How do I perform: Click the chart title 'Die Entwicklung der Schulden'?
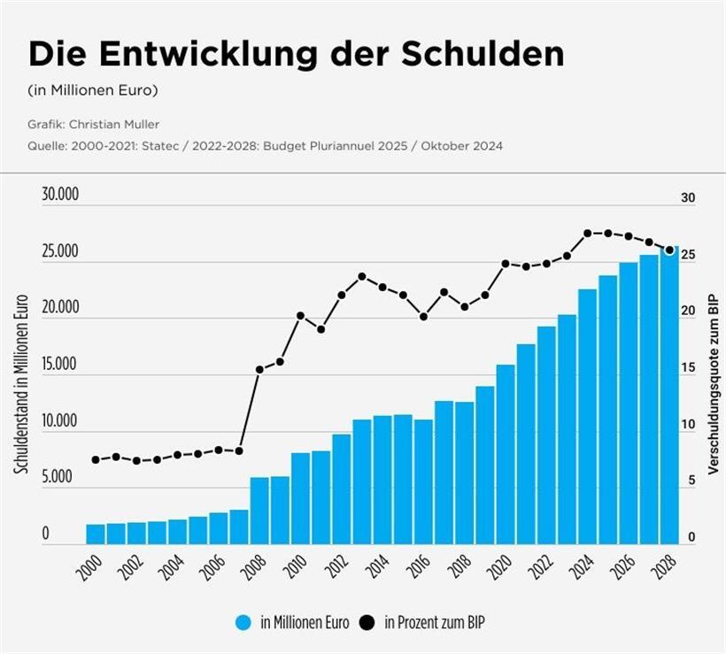click(x=296, y=55)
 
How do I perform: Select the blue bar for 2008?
click(x=259, y=511)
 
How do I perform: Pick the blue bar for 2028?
click(x=669, y=396)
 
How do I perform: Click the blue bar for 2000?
click(x=96, y=534)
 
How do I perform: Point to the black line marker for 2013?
click(x=361, y=276)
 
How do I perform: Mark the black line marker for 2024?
click(x=587, y=234)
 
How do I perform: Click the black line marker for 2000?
click(x=96, y=459)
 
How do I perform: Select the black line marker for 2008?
click(x=259, y=370)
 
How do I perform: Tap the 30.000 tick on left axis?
click(x=60, y=196)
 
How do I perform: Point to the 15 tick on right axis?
click(x=687, y=369)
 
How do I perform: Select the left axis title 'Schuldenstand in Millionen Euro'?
click(x=22, y=383)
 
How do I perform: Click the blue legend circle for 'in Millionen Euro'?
click(x=245, y=622)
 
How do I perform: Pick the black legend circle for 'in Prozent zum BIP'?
click(x=368, y=622)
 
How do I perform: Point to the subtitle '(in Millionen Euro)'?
click(x=92, y=89)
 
